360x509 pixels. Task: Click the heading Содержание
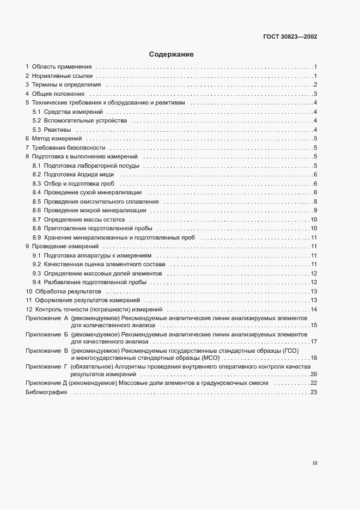172,54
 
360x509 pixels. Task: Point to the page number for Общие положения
315,94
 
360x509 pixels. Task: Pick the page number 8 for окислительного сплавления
315,201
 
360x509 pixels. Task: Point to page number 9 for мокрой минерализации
315,210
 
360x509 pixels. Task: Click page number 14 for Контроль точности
314,309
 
